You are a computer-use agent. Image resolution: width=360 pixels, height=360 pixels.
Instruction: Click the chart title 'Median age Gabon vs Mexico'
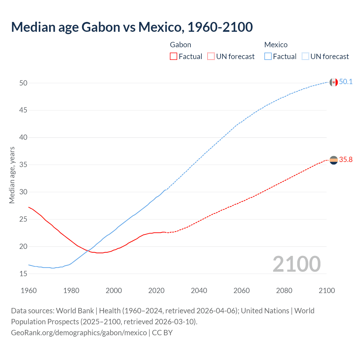click(132, 27)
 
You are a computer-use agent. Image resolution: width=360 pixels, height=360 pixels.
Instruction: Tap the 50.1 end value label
click(346, 82)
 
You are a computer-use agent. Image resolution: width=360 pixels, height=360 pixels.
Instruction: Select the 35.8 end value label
click(346, 159)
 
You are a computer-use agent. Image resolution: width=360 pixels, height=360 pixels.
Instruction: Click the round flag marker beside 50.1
click(334, 82)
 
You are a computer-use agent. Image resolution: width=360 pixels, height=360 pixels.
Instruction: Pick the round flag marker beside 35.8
click(334, 160)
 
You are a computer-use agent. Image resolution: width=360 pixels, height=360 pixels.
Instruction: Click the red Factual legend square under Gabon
click(174, 57)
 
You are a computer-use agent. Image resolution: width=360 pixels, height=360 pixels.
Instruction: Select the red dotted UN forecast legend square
click(211, 57)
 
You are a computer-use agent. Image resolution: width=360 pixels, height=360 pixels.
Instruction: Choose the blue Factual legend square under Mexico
click(268, 57)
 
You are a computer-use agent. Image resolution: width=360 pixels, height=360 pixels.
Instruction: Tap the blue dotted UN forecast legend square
click(305, 57)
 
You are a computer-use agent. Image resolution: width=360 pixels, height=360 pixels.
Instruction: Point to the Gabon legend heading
click(181, 45)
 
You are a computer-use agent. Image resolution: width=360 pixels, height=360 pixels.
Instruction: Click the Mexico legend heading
click(276, 45)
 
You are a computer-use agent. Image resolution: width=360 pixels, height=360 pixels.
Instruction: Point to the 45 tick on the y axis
click(23, 110)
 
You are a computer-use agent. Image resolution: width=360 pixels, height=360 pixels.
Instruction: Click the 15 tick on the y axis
click(23, 274)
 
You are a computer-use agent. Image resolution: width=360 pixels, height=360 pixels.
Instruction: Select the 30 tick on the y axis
click(23, 192)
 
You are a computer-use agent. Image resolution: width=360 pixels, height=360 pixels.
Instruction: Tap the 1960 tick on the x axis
click(29, 291)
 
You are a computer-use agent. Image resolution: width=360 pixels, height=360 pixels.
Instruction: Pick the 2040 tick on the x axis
click(199, 291)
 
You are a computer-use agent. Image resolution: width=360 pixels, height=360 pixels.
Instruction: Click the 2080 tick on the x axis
click(284, 291)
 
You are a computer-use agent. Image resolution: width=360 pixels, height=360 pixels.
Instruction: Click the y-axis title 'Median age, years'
click(12, 175)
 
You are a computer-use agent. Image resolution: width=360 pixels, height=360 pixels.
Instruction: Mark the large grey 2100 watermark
click(296, 264)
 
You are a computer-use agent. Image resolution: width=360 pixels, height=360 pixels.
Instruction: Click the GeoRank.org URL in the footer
click(79, 333)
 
